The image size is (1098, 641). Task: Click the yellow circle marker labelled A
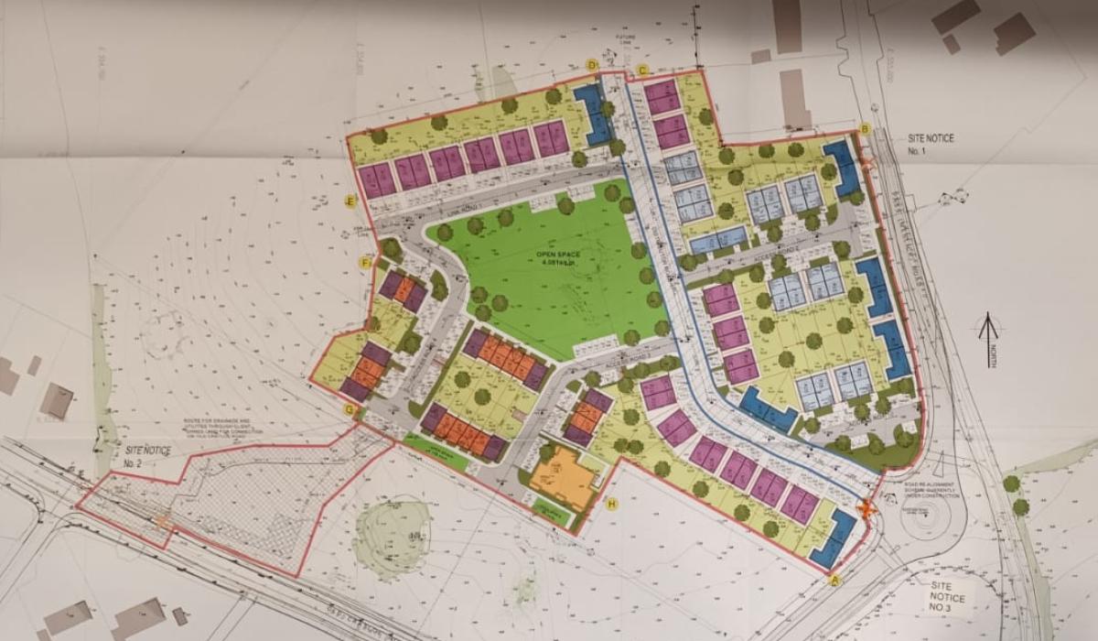pyautogui.click(x=834, y=579)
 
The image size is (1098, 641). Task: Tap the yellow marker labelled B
pyautogui.click(x=865, y=128)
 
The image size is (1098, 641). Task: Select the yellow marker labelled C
pyautogui.click(x=642, y=70)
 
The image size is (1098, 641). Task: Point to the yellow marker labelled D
pyautogui.click(x=592, y=65)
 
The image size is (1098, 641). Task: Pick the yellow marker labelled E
pyautogui.click(x=350, y=202)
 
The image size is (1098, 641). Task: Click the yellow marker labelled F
pyautogui.click(x=365, y=264)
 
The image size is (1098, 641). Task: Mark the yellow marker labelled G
pyautogui.click(x=350, y=409)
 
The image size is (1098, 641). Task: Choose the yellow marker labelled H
pyautogui.click(x=612, y=503)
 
